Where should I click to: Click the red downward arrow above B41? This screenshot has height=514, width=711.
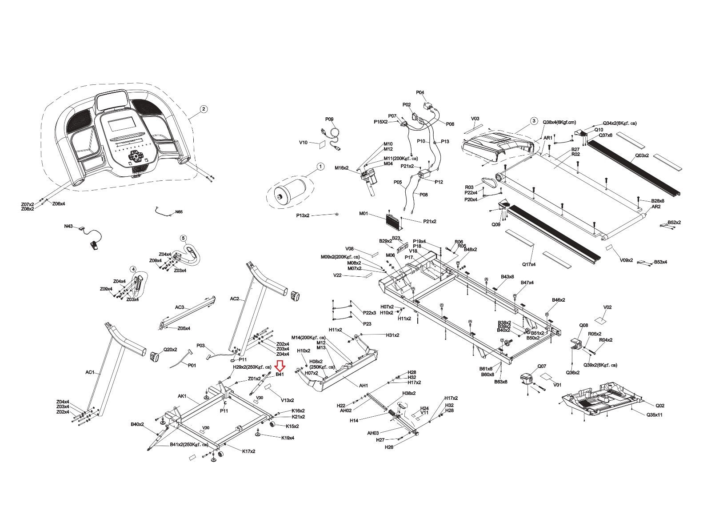coord(280,366)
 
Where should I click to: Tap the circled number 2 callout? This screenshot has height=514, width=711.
coord(203,109)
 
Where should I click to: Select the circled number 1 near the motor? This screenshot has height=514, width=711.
coord(320,167)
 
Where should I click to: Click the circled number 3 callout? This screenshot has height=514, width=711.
coord(533,121)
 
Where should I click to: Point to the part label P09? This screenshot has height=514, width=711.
coord(329,119)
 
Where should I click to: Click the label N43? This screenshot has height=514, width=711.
coord(68,226)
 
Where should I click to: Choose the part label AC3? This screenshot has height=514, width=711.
coord(179,307)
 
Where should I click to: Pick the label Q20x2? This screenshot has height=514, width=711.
coord(170,350)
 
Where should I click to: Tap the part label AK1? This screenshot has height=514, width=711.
coord(182,396)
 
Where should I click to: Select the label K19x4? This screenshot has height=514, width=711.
coord(288,438)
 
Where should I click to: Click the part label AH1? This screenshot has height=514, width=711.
coord(363,386)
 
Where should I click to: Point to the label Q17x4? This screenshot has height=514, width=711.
coord(529,264)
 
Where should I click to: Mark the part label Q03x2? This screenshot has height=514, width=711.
coord(642,155)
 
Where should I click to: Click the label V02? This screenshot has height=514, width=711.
coord(607,307)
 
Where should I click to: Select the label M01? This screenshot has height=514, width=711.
coord(363,214)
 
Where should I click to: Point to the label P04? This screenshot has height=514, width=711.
coord(420,92)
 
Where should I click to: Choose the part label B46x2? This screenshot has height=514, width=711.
coord(559,300)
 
